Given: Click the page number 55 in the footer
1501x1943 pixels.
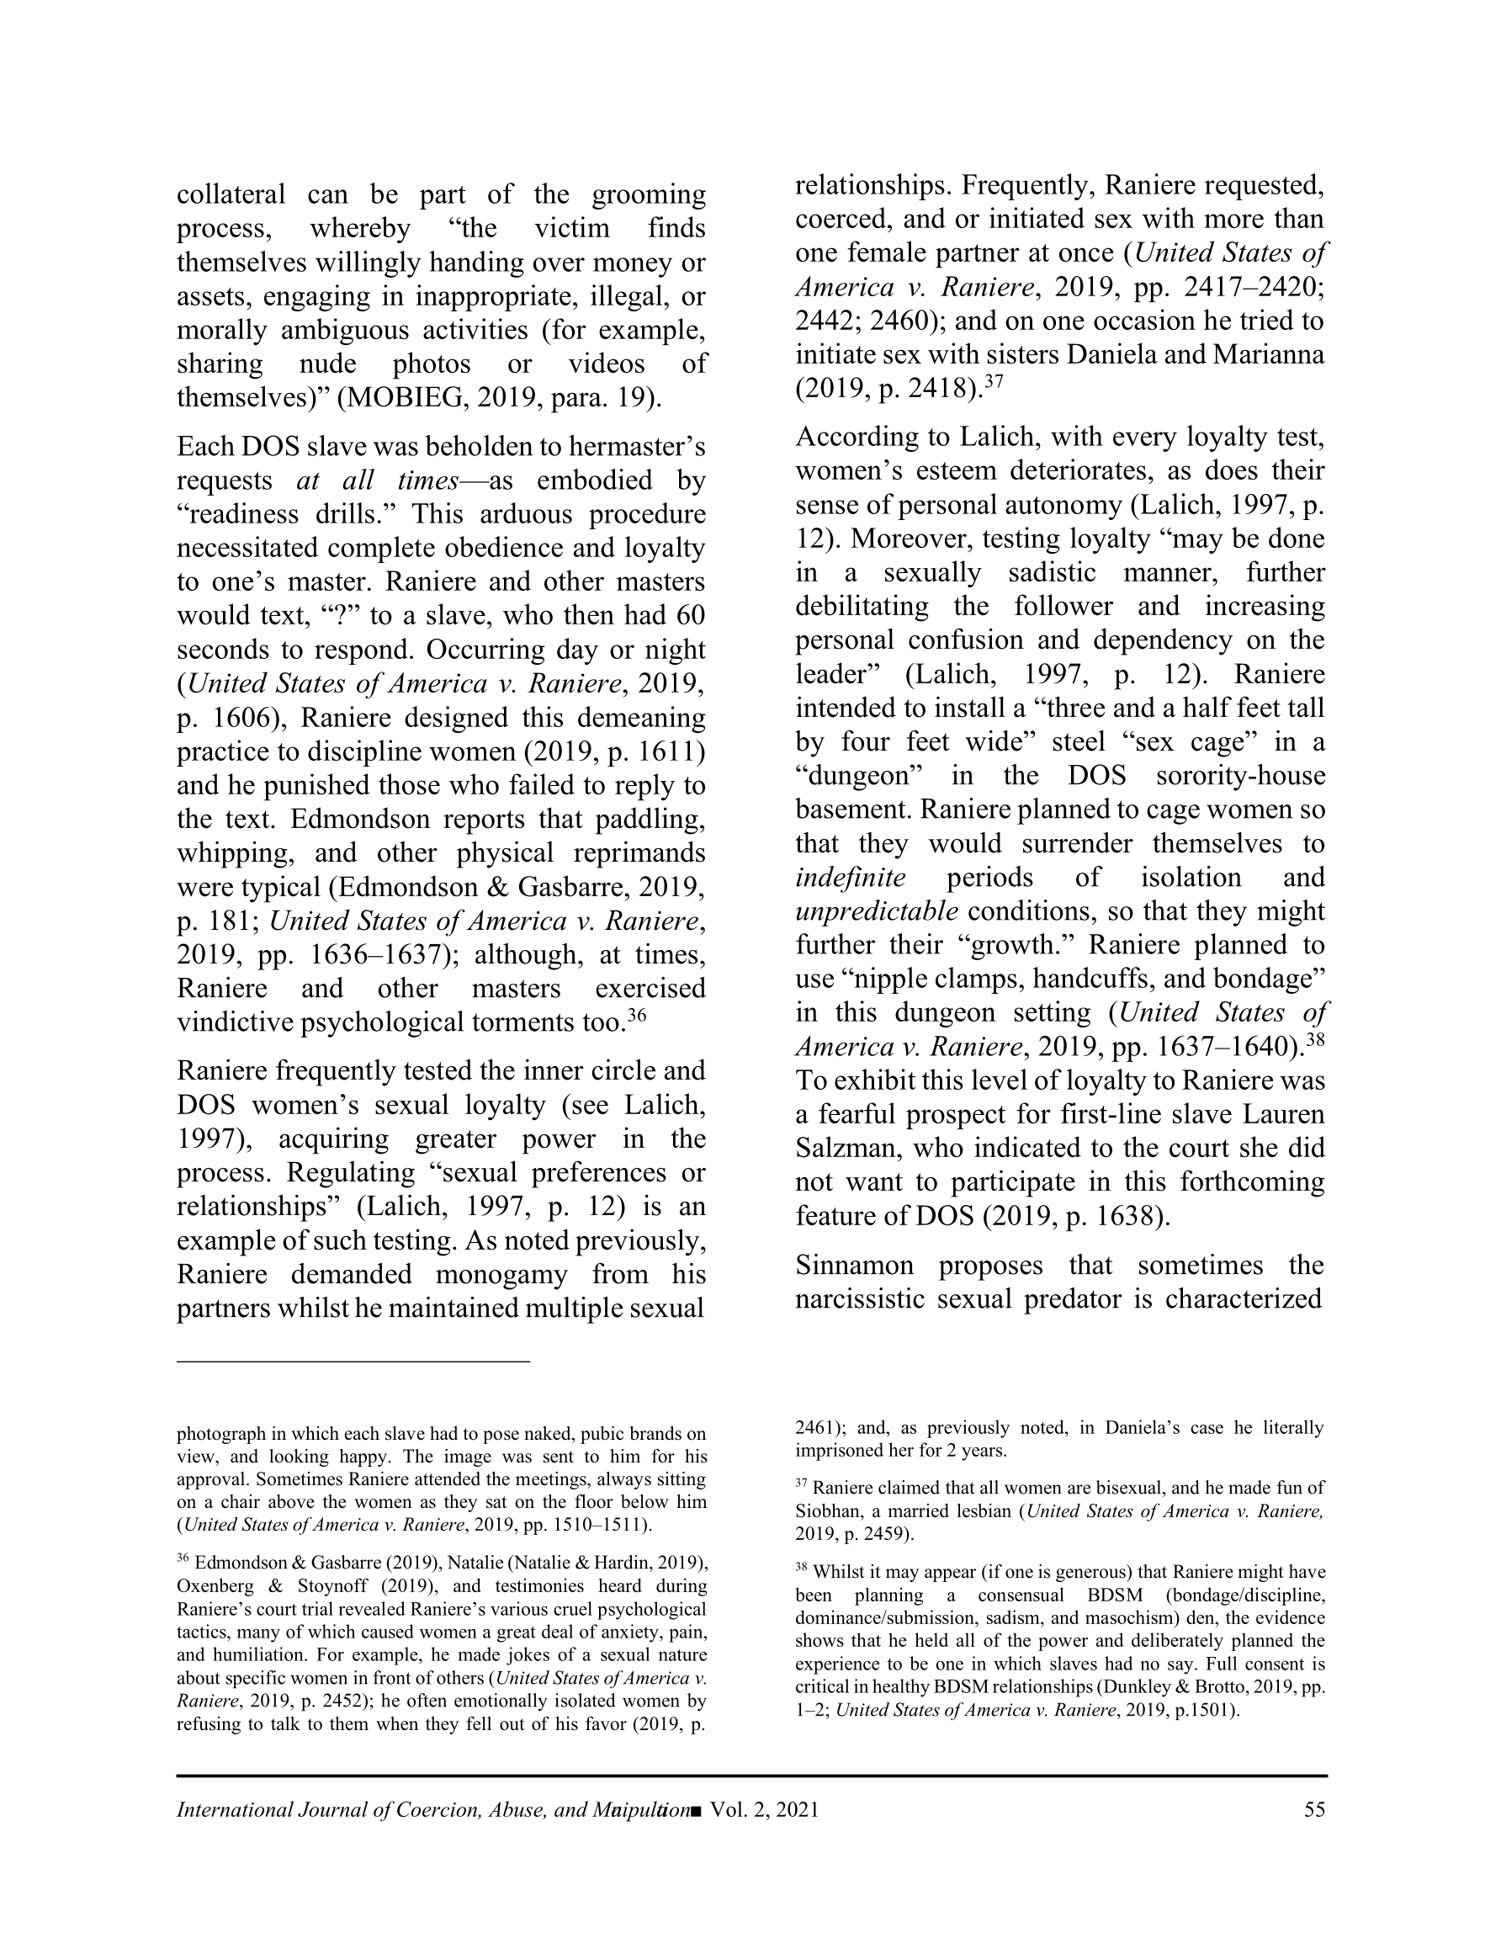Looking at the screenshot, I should [x=1314, y=1809].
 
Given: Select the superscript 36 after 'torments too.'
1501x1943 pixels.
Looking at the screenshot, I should [x=635, y=1015].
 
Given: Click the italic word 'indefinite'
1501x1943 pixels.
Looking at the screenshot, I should [x=850, y=877].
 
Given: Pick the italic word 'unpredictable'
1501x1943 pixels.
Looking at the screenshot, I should [x=877, y=911].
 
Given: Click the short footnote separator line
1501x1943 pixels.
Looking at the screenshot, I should [x=353, y=1362].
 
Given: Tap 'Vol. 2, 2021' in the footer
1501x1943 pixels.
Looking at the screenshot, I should [x=764, y=1809].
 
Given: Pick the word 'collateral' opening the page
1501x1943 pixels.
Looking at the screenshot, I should [x=231, y=194].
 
